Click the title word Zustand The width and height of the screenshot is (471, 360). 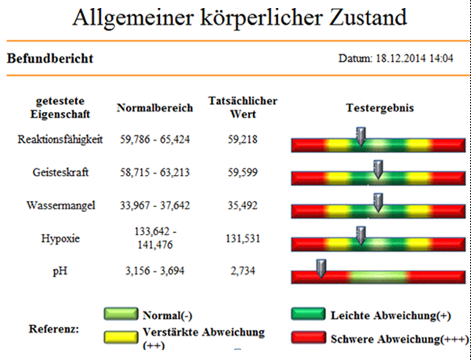[x=368, y=17]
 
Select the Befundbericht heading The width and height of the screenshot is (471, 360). [x=50, y=58]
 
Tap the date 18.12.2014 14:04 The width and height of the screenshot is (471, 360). [x=415, y=58]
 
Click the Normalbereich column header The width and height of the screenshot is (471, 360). [x=154, y=107]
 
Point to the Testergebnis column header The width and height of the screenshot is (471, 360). [x=380, y=107]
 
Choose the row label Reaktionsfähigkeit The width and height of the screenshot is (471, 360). [x=60, y=140]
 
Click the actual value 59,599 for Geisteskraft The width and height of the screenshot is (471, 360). [x=243, y=173]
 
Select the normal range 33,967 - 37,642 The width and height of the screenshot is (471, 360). [x=155, y=205]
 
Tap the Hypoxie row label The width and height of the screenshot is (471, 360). [x=60, y=238]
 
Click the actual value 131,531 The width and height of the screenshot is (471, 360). [x=243, y=238]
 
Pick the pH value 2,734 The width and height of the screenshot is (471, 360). [x=243, y=271]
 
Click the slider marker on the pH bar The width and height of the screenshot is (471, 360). [x=321, y=269]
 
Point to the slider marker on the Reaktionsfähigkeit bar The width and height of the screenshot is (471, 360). [x=360, y=136]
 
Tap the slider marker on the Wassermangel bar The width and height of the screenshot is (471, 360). [x=378, y=202]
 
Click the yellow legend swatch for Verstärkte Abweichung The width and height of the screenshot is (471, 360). [x=121, y=337]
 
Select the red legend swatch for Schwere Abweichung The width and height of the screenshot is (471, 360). [x=309, y=337]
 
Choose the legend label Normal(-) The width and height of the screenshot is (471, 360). [x=167, y=315]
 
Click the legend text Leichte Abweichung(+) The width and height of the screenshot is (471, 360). [x=391, y=315]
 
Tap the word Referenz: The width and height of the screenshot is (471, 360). [x=54, y=329]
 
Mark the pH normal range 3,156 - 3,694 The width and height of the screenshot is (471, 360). [x=154, y=271]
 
